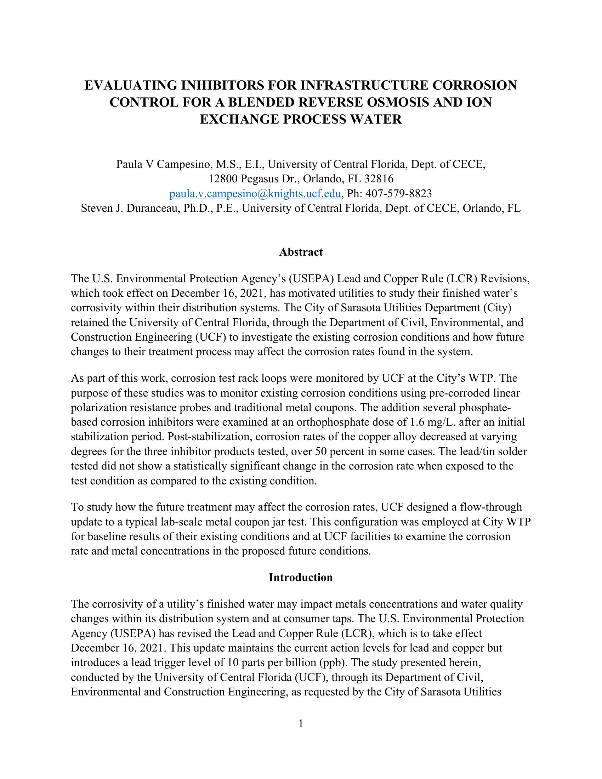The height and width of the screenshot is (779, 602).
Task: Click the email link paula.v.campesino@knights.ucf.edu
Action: click(x=255, y=193)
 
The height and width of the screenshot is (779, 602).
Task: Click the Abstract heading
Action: click(x=301, y=252)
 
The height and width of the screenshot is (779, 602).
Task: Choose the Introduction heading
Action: click(x=301, y=577)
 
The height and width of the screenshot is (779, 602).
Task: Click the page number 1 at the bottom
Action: click(x=301, y=723)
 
